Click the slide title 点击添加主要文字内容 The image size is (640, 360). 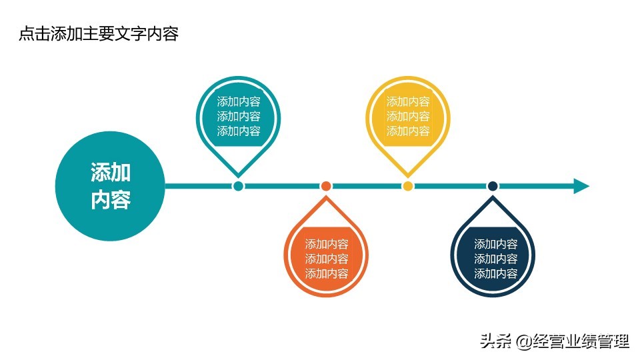click(99, 34)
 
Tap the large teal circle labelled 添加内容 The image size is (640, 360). click(110, 186)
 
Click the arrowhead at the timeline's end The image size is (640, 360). click(581, 186)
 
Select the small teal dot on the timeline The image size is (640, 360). click(238, 186)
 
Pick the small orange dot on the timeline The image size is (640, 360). click(326, 186)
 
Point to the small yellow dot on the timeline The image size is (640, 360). click(408, 186)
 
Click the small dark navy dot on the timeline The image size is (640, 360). click(493, 186)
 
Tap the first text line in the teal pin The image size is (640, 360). click(239, 102)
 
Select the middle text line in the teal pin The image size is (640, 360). click(239, 117)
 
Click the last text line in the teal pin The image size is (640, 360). click(239, 131)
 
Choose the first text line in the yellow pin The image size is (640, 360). click(408, 102)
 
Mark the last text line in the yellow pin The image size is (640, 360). click(408, 131)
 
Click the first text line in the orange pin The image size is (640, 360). click(327, 245)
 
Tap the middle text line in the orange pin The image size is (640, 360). click(327, 259)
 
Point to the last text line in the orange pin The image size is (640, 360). click(327, 274)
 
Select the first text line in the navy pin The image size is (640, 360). click(495, 245)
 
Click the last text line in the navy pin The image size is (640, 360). click(495, 274)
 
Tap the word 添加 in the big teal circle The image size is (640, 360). click(111, 173)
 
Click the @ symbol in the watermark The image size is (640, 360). click(525, 343)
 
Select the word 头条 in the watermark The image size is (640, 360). click(495, 343)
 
